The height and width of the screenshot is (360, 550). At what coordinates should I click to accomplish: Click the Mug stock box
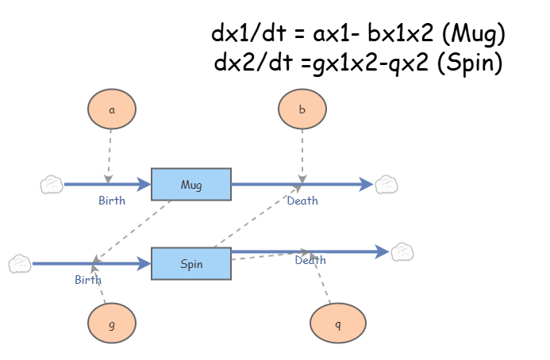coord(190,185)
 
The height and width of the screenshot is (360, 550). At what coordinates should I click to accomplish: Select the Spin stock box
coord(190,263)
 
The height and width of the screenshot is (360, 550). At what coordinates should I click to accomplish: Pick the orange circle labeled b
coord(302,110)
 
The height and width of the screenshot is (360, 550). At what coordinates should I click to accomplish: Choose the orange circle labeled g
coord(111,324)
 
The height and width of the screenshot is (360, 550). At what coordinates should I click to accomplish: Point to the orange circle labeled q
coord(338,324)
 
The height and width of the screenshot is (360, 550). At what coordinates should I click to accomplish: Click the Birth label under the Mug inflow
coord(112,201)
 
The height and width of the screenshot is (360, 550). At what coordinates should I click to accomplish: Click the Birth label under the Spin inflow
coord(88,279)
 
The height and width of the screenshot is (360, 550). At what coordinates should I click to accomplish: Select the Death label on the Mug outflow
coord(302,201)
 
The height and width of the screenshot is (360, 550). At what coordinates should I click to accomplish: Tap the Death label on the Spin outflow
coord(310,260)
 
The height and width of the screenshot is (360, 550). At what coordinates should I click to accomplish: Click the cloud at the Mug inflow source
coord(52,185)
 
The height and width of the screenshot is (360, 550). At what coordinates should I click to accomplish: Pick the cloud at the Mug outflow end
coord(386,185)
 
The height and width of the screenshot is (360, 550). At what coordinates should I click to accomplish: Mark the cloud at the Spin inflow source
coord(20,263)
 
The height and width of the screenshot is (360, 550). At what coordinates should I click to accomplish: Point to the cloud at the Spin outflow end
coord(402,252)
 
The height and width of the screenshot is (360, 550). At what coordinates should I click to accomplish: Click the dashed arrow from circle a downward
coord(110,155)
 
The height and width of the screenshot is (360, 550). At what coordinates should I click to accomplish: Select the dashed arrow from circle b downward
coord(302,155)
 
